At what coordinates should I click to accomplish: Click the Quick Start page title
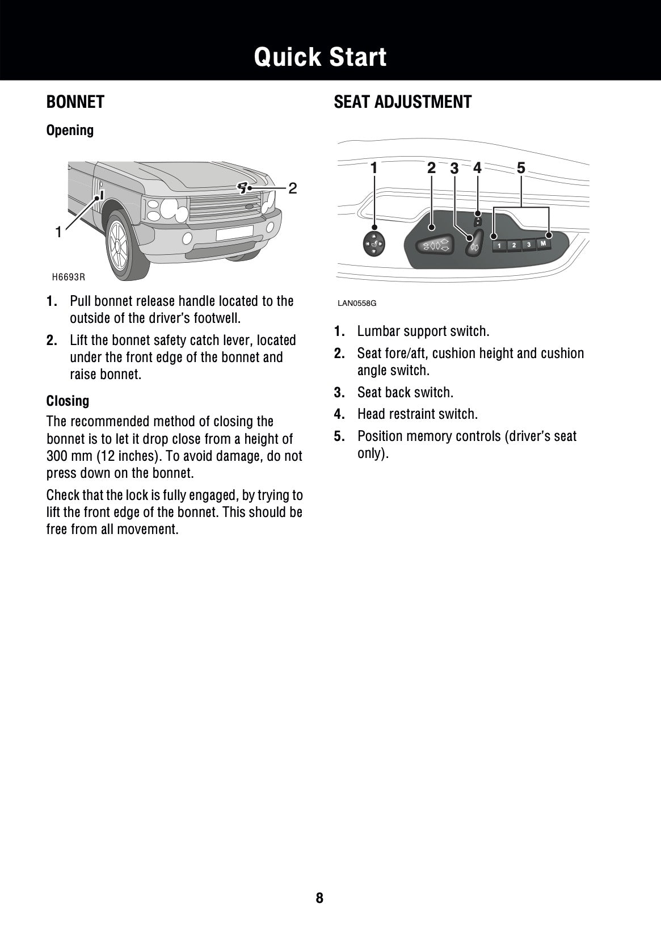click(x=320, y=57)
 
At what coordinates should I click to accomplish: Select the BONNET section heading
click(x=75, y=102)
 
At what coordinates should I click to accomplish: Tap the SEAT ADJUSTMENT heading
click(x=402, y=102)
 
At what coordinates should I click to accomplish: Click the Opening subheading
click(x=70, y=131)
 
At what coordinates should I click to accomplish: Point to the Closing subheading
click(x=68, y=401)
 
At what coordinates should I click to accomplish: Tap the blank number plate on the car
click(x=234, y=232)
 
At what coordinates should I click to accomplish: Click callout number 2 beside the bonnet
click(x=292, y=188)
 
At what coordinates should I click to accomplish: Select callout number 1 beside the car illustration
click(x=58, y=232)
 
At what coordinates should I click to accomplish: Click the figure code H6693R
click(x=68, y=277)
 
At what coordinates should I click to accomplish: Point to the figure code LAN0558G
click(x=357, y=303)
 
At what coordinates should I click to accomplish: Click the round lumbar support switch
click(x=374, y=244)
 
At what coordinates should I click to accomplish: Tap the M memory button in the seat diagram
click(x=543, y=244)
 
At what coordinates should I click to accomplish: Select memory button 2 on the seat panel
click(x=514, y=245)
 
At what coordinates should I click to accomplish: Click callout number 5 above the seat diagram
click(x=521, y=167)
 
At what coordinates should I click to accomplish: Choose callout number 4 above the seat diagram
click(x=477, y=168)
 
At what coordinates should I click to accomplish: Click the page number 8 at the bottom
click(x=319, y=898)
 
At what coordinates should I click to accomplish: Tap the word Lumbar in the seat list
click(x=377, y=331)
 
